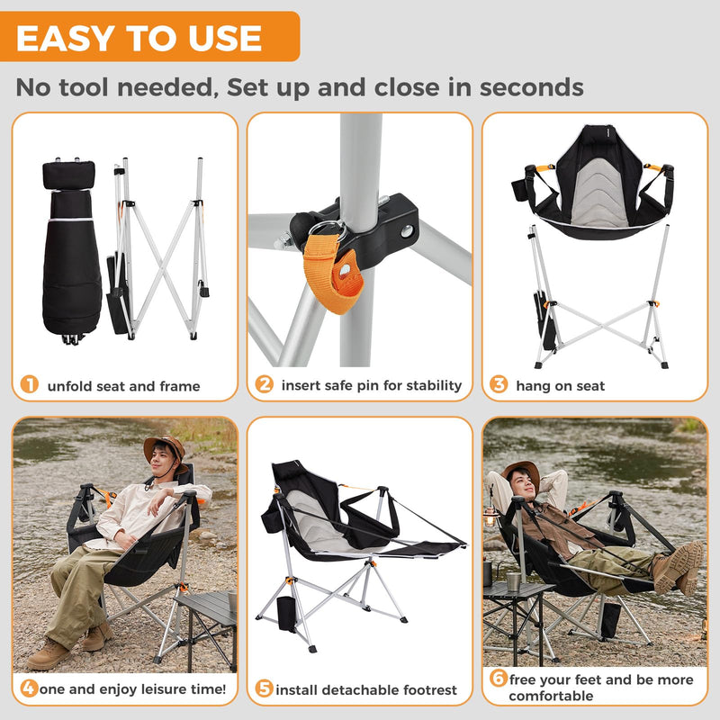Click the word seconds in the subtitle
point(531,87)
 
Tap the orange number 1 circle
point(30,385)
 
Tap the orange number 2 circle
point(264,385)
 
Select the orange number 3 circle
point(499,385)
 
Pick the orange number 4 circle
point(30,689)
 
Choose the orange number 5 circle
point(264,689)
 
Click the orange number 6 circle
point(499,679)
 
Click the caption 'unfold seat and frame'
point(123,386)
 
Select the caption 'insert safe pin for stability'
point(371,385)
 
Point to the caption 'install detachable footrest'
point(366,690)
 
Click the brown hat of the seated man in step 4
point(165,447)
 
